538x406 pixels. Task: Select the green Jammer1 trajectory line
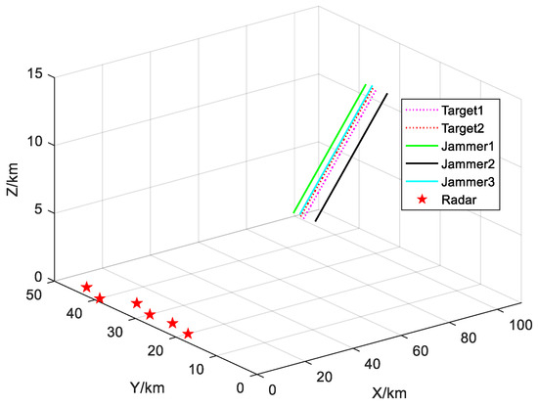point(330,148)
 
